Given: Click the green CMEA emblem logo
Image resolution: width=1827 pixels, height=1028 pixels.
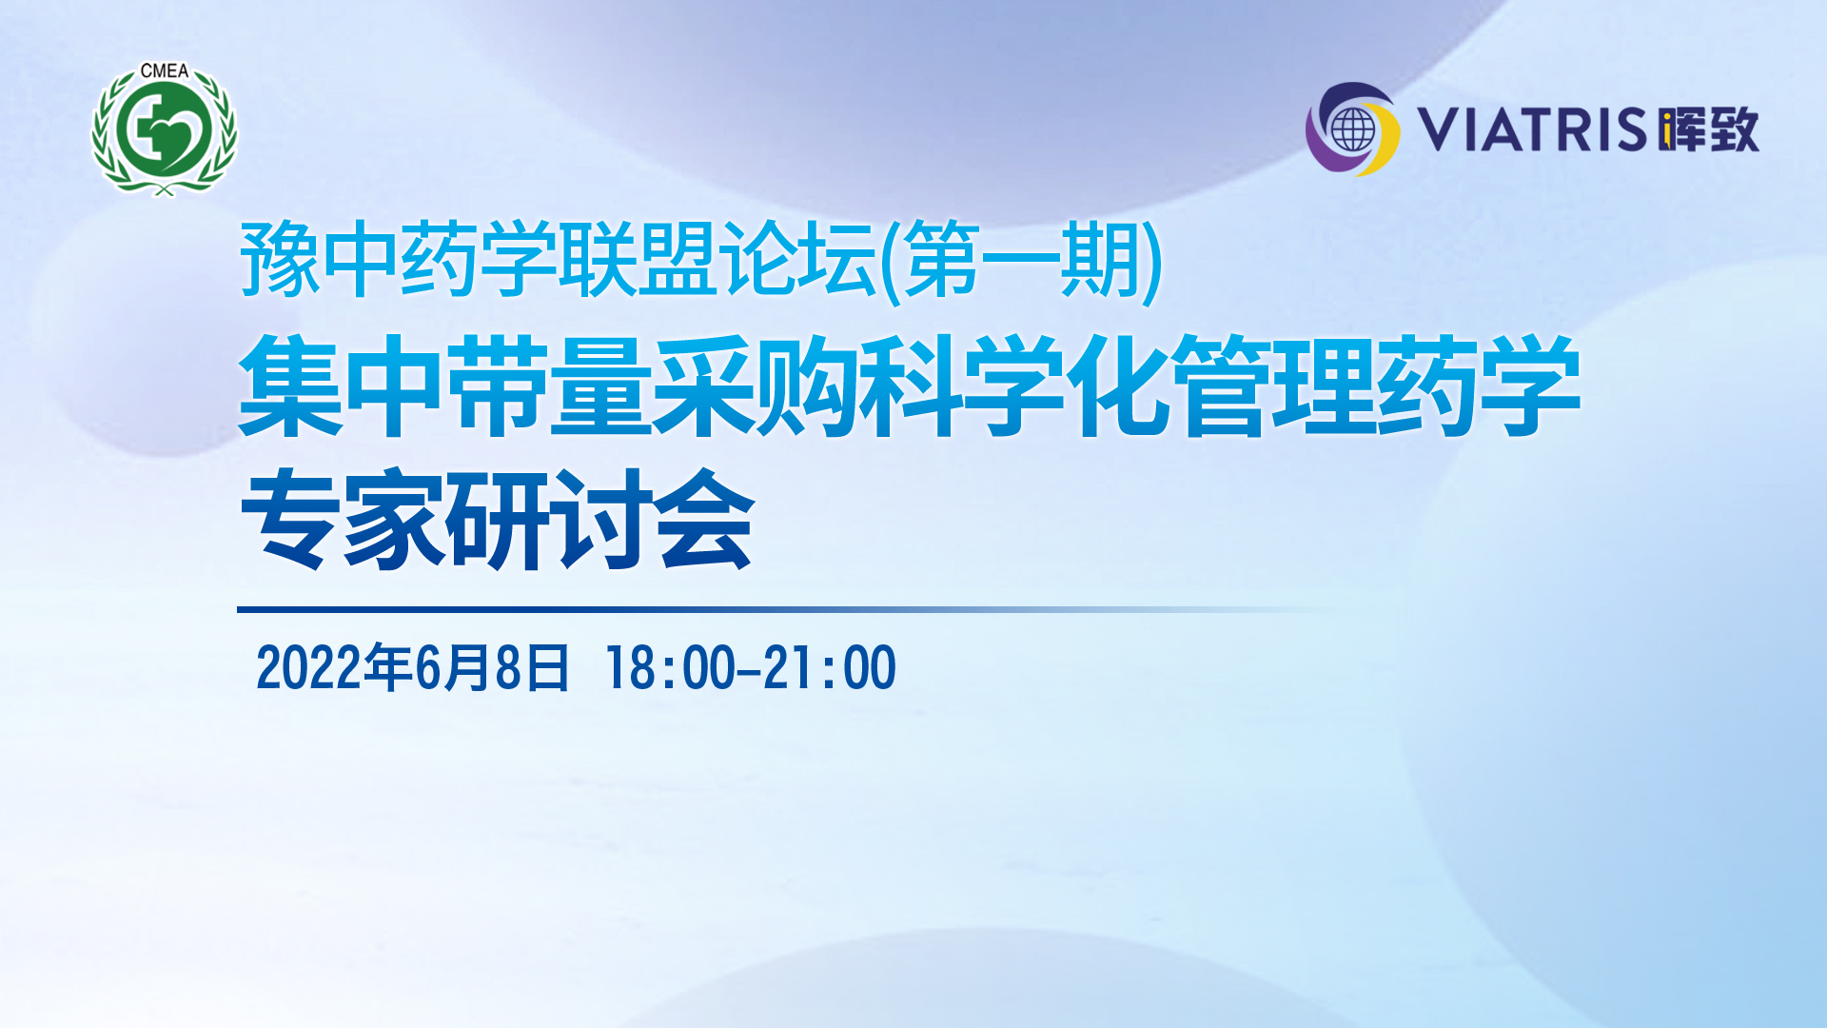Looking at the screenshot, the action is [x=165, y=129].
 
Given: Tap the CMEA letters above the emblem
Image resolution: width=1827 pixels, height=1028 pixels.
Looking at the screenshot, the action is [x=165, y=71].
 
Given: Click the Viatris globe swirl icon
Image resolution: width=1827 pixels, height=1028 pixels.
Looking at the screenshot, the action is [x=1352, y=129].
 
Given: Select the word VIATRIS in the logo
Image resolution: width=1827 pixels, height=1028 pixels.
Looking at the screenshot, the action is [x=1532, y=129].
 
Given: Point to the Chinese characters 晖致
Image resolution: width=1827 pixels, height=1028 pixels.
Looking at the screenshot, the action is [x=1708, y=129].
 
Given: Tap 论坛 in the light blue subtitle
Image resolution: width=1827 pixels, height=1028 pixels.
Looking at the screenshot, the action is [x=797, y=259].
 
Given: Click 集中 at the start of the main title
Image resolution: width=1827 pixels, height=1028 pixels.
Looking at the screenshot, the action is [x=342, y=385].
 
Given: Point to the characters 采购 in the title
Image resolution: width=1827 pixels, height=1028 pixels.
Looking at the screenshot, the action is [x=757, y=385].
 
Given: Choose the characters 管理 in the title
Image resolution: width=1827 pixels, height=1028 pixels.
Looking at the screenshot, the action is [x=1275, y=385].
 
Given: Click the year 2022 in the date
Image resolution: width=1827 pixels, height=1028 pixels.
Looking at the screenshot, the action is [x=309, y=667].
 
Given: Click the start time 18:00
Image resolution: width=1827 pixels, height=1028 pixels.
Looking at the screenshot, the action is [x=671, y=667].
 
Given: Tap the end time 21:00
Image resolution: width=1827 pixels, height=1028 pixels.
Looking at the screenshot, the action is [x=830, y=667].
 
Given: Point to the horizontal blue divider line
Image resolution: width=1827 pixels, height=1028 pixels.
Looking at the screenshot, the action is [x=790, y=609].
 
